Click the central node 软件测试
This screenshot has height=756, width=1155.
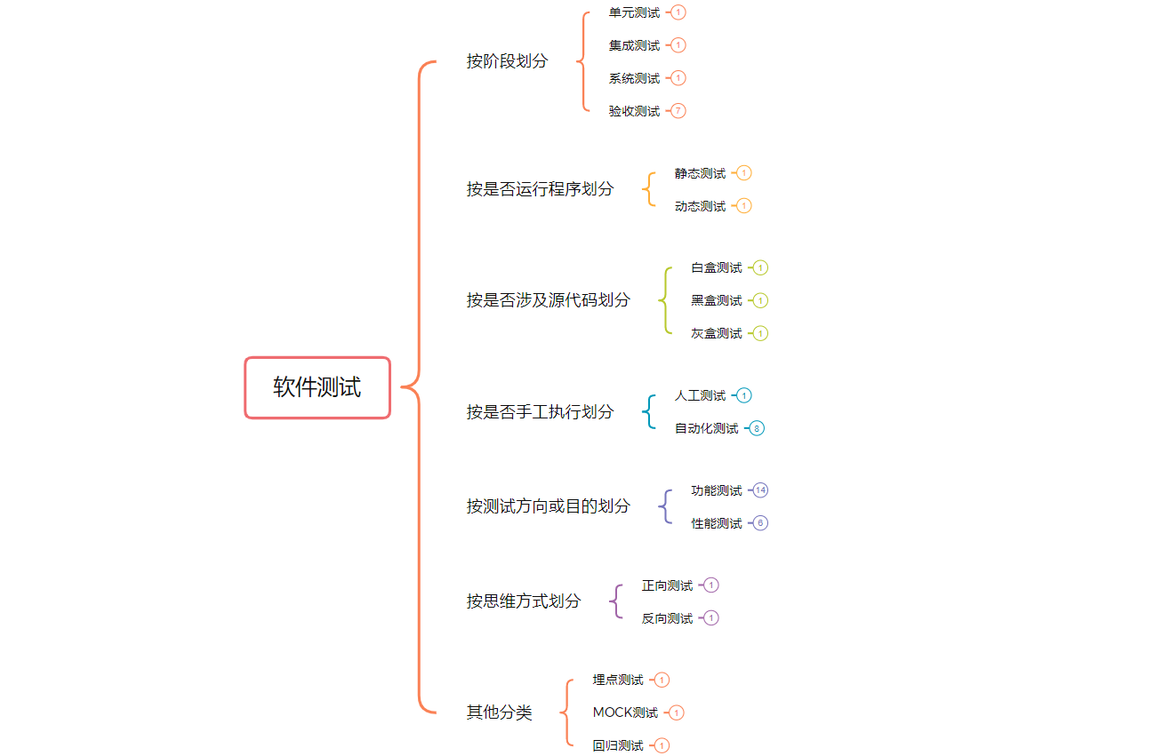tap(317, 387)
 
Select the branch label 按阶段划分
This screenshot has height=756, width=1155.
tap(507, 61)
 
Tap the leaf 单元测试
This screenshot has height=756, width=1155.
tap(634, 12)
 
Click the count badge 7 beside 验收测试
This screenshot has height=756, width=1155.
tap(678, 111)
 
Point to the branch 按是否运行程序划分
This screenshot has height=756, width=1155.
tap(540, 189)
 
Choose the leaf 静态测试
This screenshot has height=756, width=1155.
tap(700, 173)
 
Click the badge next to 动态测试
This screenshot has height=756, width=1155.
tap(744, 206)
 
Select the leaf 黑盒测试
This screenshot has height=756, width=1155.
tap(716, 300)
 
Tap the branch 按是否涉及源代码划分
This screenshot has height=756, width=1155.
tap(548, 300)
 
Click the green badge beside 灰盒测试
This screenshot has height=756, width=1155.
tap(760, 333)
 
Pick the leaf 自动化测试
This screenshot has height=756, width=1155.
tap(706, 428)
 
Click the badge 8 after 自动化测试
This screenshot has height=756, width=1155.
tap(757, 428)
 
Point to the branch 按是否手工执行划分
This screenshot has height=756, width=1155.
tap(540, 412)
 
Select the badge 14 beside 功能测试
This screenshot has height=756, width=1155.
tap(760, 490)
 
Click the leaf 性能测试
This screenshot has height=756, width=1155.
tap(716, 523)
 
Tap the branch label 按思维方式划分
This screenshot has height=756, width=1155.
tap(523, 601)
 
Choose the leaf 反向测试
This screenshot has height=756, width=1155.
tap(667, 618)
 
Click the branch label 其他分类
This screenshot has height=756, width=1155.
tap(499, 712)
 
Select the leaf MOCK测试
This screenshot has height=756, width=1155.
tap(625, 712)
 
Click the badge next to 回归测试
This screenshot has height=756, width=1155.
tap(662, 745)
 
